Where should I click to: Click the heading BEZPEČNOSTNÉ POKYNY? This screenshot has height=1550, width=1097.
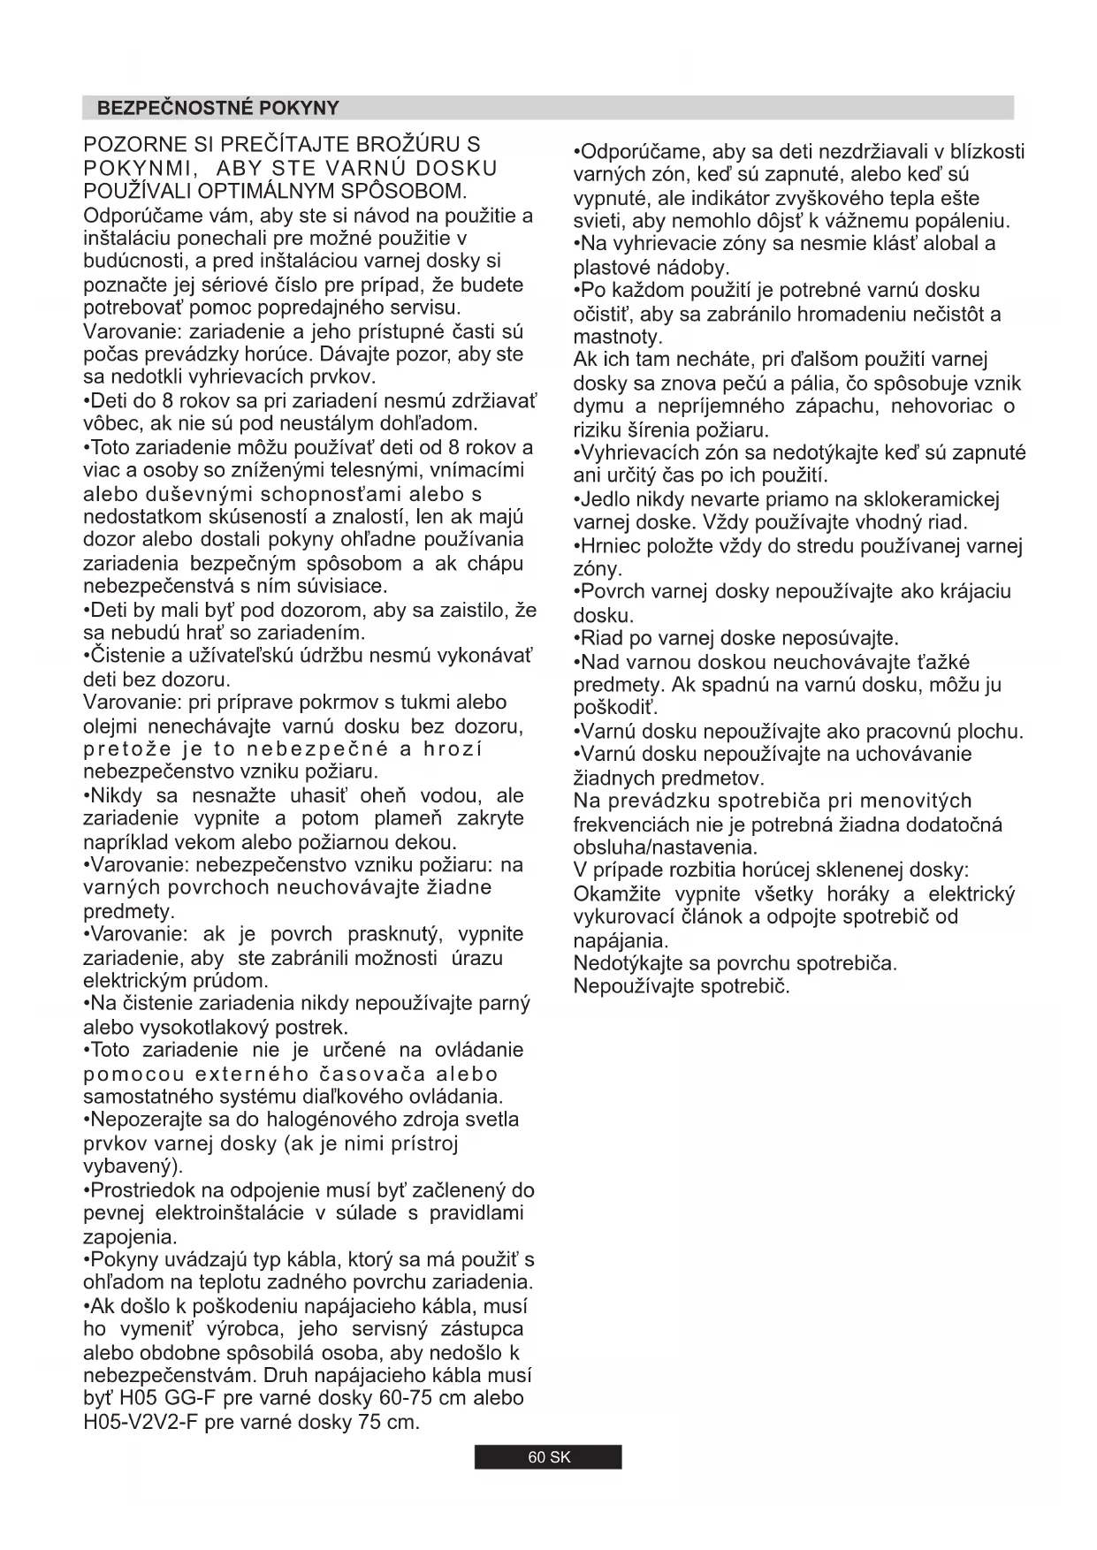[218, 109]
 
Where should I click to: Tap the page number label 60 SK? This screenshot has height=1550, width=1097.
[549, 1457]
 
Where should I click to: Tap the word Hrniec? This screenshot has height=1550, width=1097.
[610, 545]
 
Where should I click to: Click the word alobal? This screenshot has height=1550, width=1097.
[952, 244]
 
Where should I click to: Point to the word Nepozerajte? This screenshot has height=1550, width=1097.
[145, 1120]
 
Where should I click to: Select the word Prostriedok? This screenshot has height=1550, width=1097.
[143, 1190]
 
